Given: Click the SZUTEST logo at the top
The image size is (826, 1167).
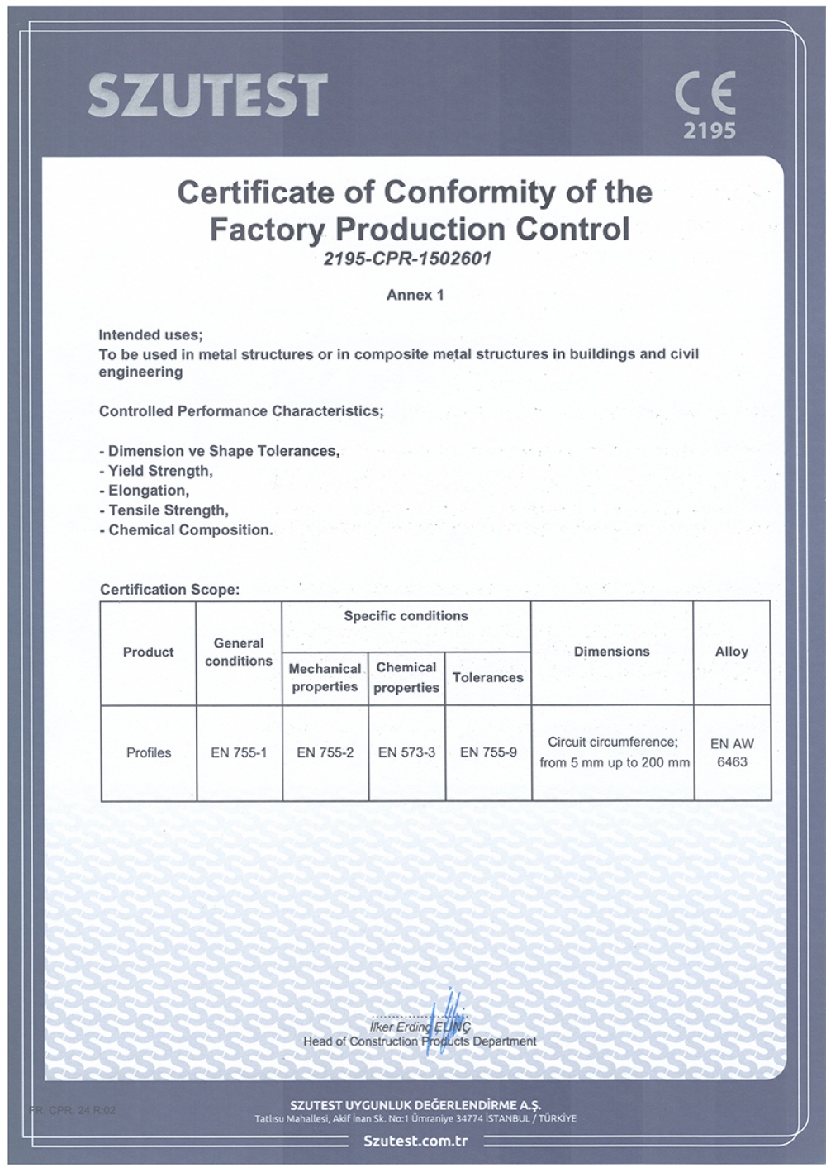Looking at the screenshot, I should (x=207, y=95).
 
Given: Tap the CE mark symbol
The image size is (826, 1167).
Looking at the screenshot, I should (x=705, y=93).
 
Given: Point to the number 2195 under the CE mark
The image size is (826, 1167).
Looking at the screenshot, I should (x=709, y=130).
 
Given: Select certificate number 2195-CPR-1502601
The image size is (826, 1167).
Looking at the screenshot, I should (x=407, y=259).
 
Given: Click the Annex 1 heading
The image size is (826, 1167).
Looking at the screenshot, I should (x=415, y=295).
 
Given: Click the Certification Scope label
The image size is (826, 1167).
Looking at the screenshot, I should (x=169, y=590).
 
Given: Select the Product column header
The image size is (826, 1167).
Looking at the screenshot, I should (x=149, y=652).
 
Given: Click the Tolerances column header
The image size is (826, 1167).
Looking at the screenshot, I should (x=487, y=677).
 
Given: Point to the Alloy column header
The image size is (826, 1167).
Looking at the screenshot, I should (x=731, y=652).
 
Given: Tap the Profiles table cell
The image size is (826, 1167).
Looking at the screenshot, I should (x=149, y=752).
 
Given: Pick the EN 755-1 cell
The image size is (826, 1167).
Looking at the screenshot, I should (x=239, y=752).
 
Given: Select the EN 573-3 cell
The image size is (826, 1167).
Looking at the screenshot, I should (x=406, y=752).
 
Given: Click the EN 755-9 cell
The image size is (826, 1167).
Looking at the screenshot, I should (x=488, y=752).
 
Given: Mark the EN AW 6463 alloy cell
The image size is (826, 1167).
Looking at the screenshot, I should (x=732, y=752).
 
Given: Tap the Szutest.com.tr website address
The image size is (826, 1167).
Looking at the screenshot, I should (x=415, y=1141).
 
